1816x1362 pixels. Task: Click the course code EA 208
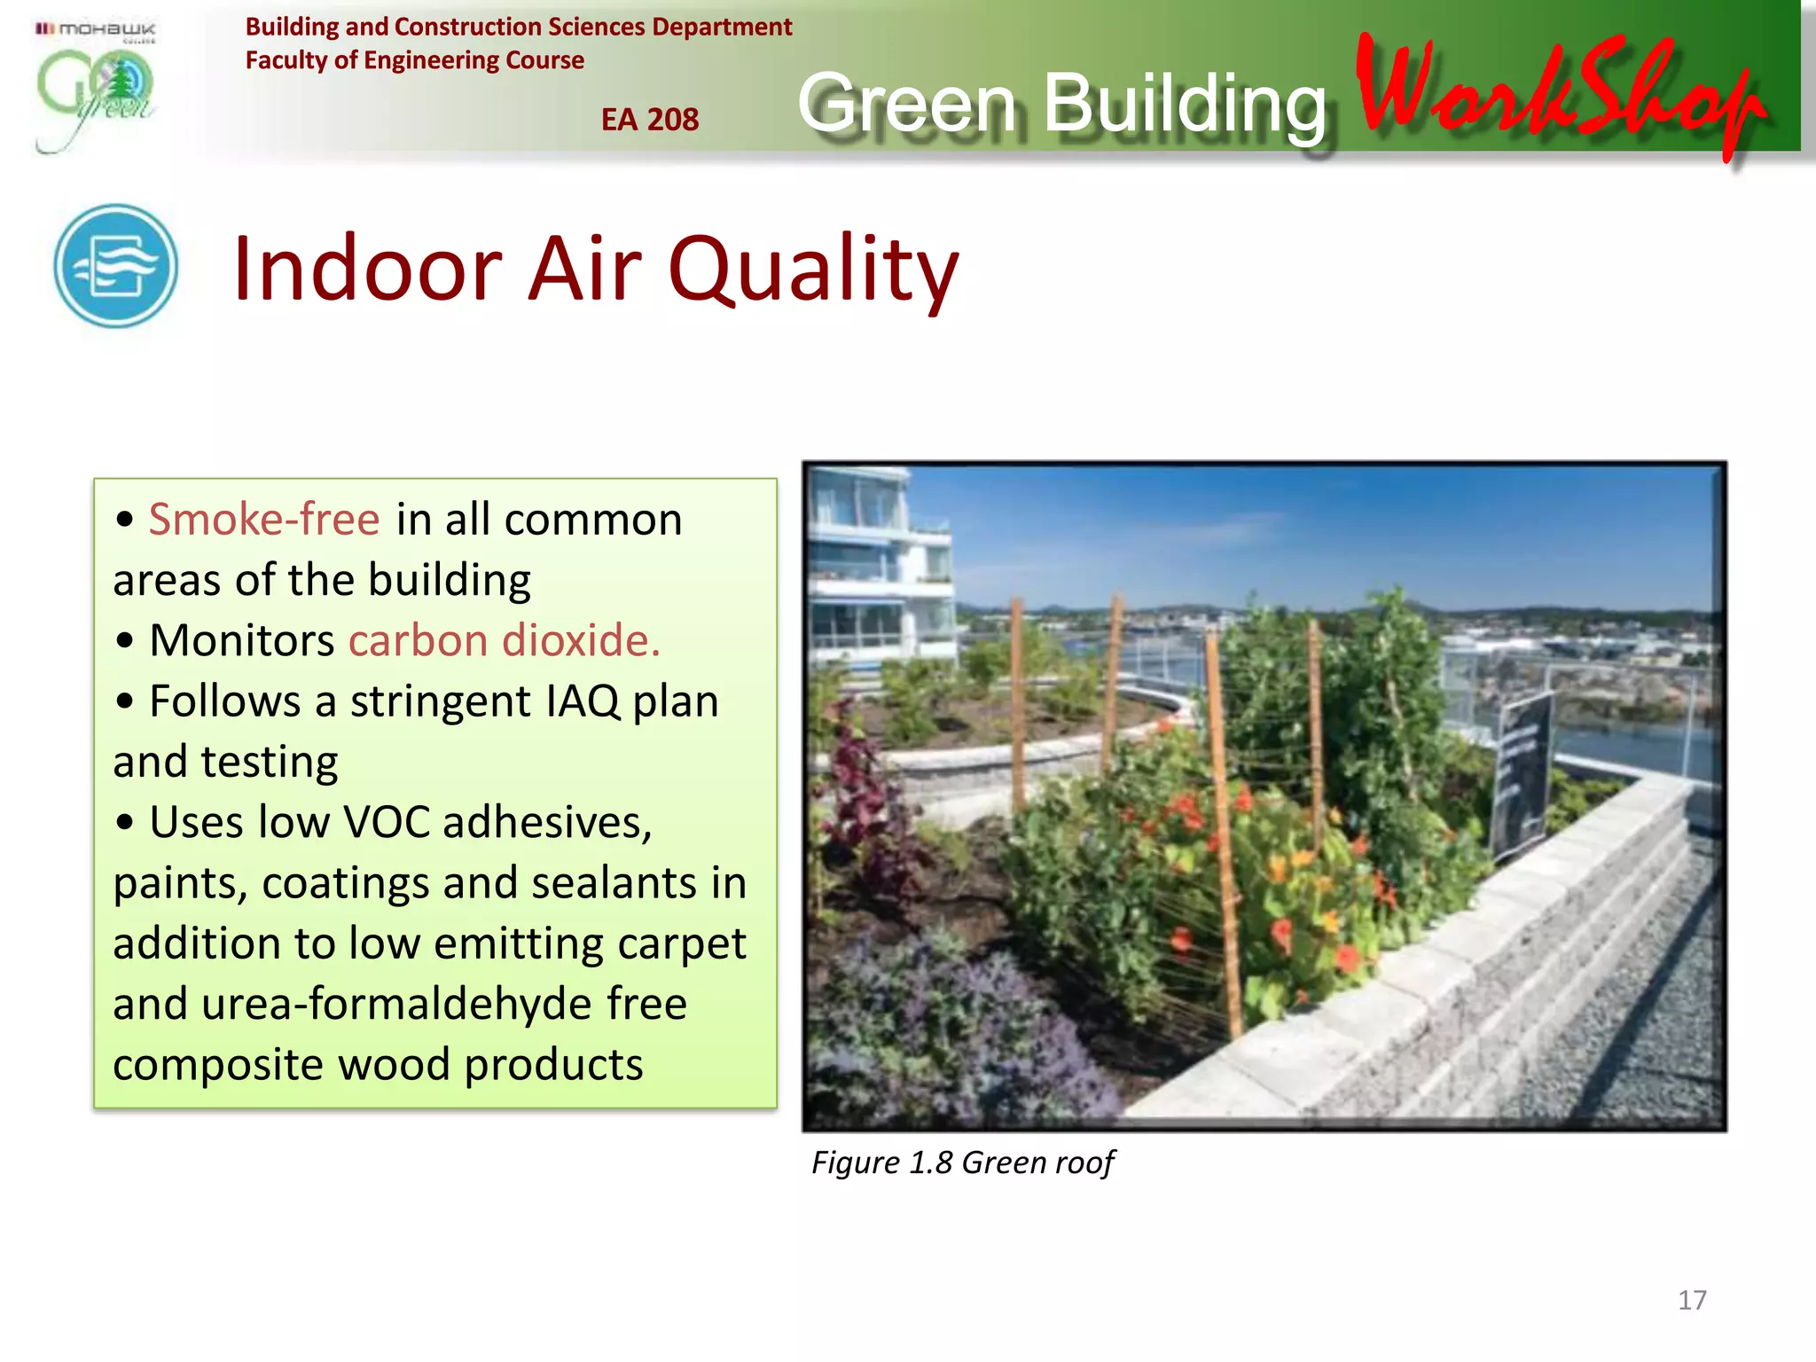click(649, 120)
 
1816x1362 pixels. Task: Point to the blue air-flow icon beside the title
click(115, 266)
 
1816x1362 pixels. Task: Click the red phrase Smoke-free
click(263, 519)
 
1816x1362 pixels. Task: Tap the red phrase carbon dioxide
click(504, 640)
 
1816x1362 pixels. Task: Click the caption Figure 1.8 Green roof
click(962, 1162)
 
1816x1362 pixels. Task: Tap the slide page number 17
click(1691, 1300)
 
